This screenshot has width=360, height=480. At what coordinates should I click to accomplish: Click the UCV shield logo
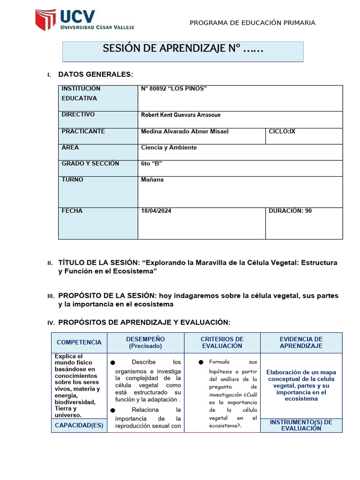(x=45, y=20)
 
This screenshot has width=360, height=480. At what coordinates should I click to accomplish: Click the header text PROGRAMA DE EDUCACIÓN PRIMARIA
(x=252, y=23)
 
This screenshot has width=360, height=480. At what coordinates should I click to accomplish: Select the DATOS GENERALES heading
(x=96, y=75)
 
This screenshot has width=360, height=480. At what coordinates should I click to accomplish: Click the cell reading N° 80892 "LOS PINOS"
(x=174, y=89)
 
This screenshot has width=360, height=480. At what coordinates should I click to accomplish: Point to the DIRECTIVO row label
(x=78, y=114)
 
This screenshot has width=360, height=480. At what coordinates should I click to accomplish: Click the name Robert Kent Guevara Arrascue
(x=180, y=115)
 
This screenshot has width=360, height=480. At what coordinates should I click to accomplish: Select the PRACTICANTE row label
(x=83, y=131)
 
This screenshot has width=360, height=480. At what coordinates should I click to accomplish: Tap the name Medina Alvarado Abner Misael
(x=185, y=131)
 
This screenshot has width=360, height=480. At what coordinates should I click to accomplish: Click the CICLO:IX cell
(x=282, y=131)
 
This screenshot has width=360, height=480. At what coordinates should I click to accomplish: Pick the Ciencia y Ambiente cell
(x=169, y=148)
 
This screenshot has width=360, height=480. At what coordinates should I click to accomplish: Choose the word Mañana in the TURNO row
(x=152, y=180)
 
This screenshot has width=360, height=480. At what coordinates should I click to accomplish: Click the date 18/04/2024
(x=156, y=211)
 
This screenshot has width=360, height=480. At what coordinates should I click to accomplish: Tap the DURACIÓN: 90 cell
(x=290, y=211)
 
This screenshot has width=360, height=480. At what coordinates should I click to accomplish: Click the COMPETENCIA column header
(x=79, y=343)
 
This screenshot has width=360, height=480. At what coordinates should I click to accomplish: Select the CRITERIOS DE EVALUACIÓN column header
(x=222, y=343)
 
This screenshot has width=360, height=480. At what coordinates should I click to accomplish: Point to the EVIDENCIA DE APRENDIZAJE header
(x=301, y=343)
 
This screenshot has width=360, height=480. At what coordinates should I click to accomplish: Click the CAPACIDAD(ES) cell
(x=79, y=426)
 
